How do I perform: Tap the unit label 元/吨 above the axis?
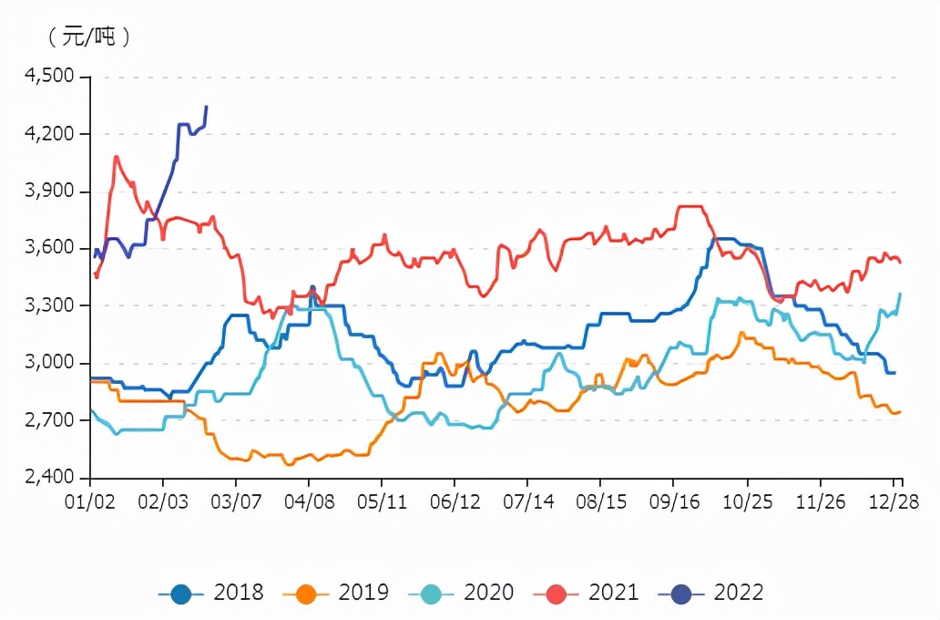click(88, 37)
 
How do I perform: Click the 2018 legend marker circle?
click(181, 594)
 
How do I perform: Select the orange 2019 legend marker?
click(306, 594)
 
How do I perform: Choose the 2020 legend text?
click(488, 593)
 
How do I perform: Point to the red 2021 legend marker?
click(556, 594)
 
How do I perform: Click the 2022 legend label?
click(738, 593)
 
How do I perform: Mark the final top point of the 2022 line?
click(207, 107)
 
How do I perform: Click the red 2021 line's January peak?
click(116, 157)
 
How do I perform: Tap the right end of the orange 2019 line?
click(900, 411)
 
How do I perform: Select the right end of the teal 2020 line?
click(900, 294)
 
